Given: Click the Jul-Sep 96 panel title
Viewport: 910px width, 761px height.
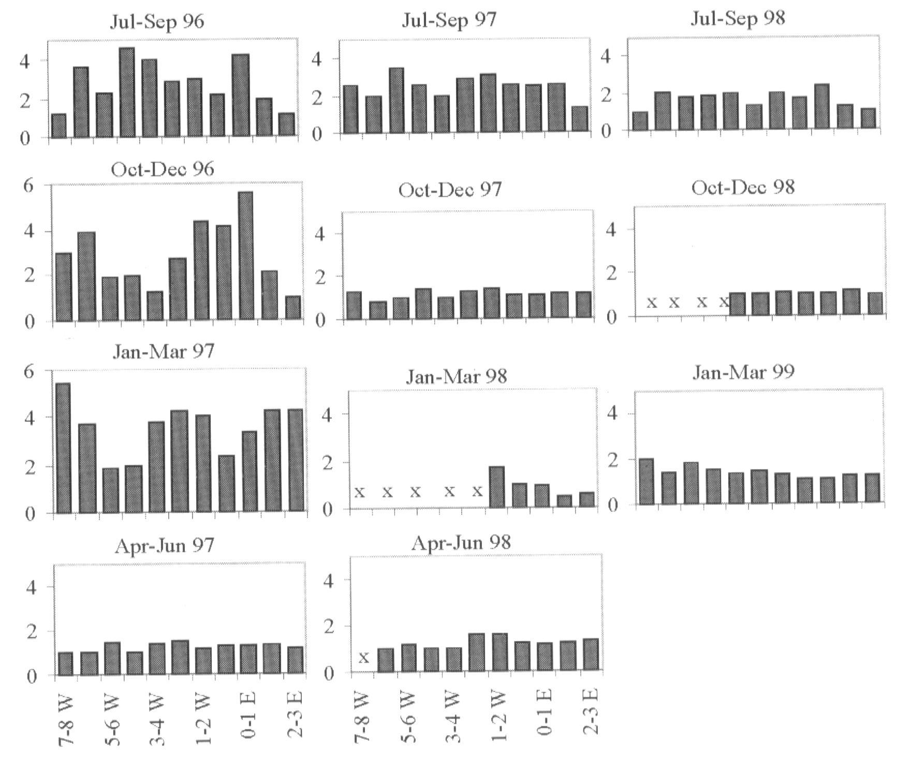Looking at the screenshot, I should (157, 22).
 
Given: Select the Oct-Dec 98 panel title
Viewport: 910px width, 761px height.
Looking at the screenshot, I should (742, 187).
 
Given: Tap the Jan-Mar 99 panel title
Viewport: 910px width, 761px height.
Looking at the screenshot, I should (743, 372).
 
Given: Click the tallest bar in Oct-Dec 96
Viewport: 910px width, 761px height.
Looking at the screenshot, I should (245, 256).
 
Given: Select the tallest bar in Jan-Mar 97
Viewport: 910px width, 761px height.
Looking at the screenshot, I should (63, 448).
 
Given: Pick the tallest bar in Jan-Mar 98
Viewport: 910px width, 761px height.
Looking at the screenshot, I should (496, 487).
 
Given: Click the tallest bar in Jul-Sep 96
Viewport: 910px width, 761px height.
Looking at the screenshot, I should (127, 92).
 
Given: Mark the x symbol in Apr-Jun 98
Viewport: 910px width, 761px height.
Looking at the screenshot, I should (364, 657).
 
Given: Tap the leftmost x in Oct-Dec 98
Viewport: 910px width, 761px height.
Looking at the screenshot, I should (652, 302).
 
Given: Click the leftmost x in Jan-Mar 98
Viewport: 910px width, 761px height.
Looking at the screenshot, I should (360, 492).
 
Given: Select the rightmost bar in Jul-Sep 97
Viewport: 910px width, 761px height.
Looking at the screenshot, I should (580, 119).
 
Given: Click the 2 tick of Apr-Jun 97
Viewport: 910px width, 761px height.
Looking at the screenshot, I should (32, 631).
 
